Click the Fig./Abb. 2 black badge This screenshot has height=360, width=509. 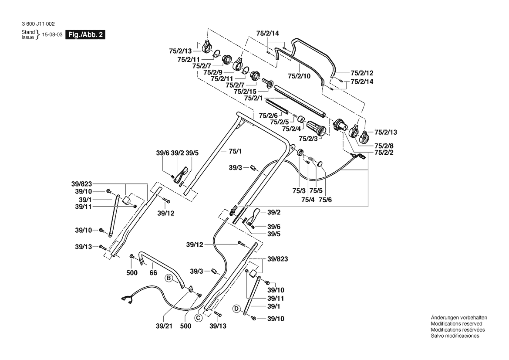coord(84,35)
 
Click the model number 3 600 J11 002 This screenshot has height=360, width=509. coord(38,24)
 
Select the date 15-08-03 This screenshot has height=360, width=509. coord(52,35)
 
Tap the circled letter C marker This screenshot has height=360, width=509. coord(198,318)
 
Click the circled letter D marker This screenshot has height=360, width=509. coord(236,309)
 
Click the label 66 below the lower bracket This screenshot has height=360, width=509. coord(153,273)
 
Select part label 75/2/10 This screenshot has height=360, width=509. coord(298,76)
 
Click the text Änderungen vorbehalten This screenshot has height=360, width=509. coord(458,318)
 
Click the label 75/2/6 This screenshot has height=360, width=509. coord(268,115)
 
